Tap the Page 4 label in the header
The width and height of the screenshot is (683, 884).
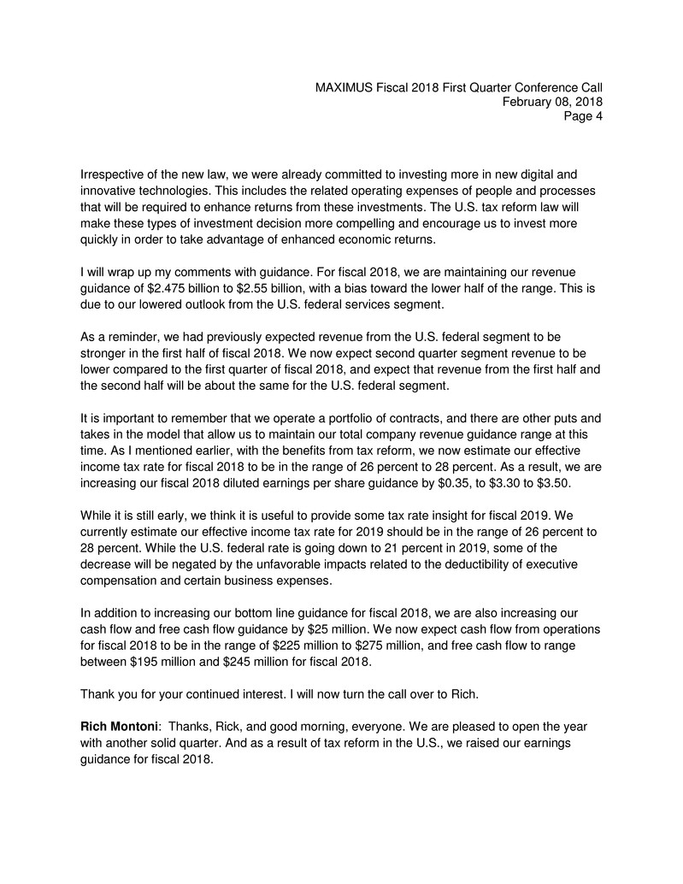[x=583, y=116]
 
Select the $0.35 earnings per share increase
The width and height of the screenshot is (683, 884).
[x=445, y=483]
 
